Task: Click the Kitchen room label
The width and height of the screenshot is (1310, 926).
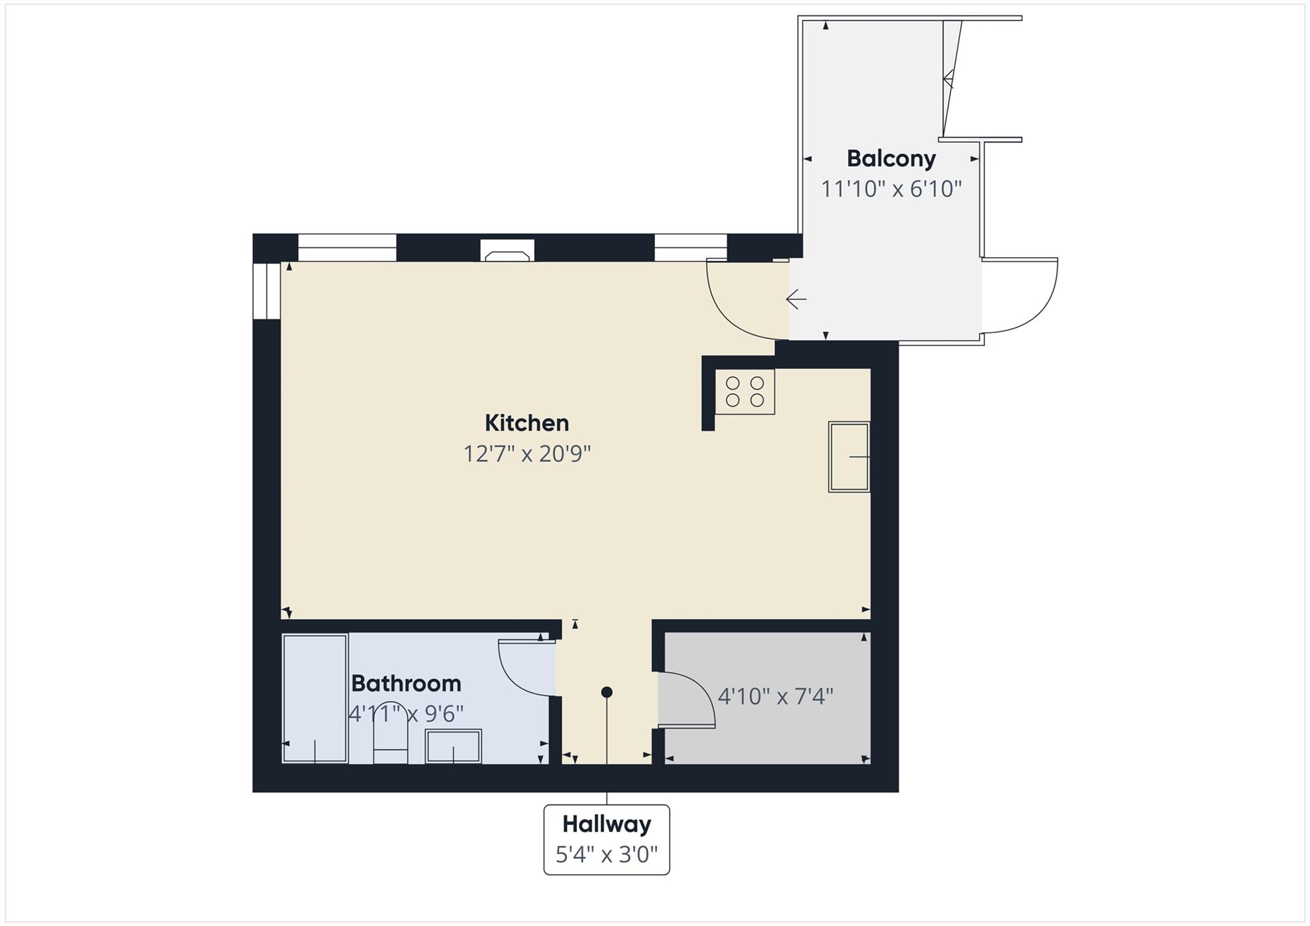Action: (x=526, y=423)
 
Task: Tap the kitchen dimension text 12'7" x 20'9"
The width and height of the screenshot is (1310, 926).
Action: (x=526, y=454)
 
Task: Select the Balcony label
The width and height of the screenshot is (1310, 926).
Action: (x=891, y=159)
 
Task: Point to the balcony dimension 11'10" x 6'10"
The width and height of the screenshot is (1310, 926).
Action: (x=891, y=189)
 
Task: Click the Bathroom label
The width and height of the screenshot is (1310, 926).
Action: (x=406, y=684)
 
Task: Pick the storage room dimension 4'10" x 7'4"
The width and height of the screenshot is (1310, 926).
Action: (x=775, y=696)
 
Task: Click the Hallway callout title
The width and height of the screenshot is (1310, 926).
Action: (x=606, y=824)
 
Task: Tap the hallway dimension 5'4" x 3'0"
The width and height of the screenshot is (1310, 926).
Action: (x=606, y=854)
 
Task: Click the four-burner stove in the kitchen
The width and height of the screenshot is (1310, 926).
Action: (x=745, y=391)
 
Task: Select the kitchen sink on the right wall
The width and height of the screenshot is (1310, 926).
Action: (x=849, y=457)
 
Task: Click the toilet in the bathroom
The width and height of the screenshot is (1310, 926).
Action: (x=390, y=742)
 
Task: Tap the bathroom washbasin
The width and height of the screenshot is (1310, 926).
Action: (x=454, y=746)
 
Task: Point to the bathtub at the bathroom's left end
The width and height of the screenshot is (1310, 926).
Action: (x=315, y=698)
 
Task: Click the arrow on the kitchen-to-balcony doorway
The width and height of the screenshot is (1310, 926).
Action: (x=796, y=299)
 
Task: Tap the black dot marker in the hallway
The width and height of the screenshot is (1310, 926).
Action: (x=607, y=692)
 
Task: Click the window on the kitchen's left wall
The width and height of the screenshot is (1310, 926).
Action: (x=266, y=291)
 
